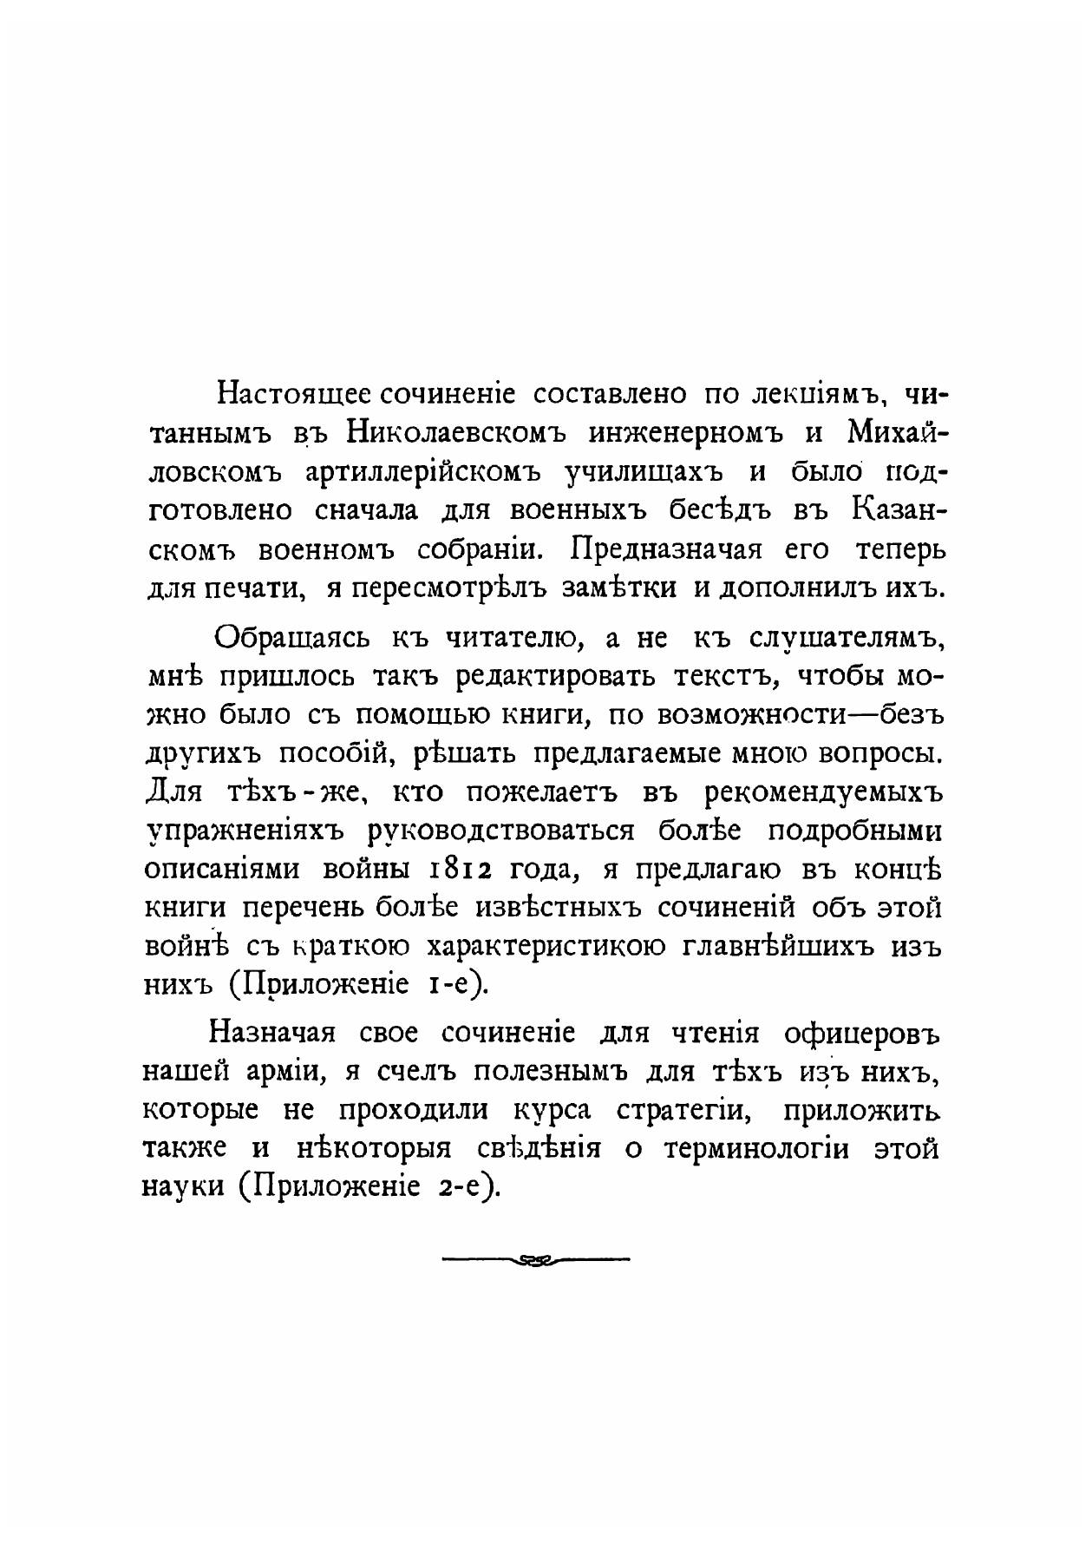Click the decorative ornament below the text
tap(535, 1259)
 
